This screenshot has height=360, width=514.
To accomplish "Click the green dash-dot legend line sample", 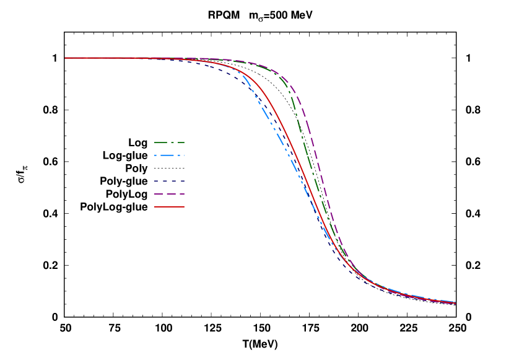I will coord(169,143).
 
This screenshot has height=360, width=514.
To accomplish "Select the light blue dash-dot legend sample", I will coord(169,155).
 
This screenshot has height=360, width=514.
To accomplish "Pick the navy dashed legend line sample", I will coord(169,181).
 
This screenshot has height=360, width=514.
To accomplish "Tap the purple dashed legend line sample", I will coord(169,194).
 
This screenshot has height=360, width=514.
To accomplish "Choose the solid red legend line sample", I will coord(169,206).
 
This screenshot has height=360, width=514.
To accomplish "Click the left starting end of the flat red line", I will coord(66,58).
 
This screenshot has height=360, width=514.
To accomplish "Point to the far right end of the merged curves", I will coord(455,302).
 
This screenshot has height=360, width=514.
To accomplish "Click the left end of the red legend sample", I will coord(155,206).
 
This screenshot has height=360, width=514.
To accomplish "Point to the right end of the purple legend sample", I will coord(183,194).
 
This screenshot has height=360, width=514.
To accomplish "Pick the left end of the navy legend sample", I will coord(155,181).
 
